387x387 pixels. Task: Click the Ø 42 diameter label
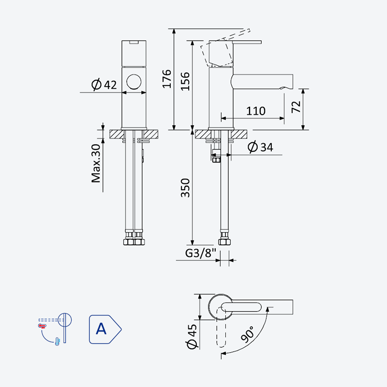coord(104,85)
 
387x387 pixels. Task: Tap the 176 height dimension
coord(167,79)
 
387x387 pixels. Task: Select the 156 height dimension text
coord(185,81)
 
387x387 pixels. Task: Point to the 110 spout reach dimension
coord(256,111)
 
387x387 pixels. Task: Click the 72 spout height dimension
coord(296,106)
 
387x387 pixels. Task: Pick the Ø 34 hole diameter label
coord(260,147)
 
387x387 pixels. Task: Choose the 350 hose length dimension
coord(185,188)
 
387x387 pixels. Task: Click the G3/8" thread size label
coord(201,253)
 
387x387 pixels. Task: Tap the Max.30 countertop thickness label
coord(96,164)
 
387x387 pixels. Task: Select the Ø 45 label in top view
coord(192,336)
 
